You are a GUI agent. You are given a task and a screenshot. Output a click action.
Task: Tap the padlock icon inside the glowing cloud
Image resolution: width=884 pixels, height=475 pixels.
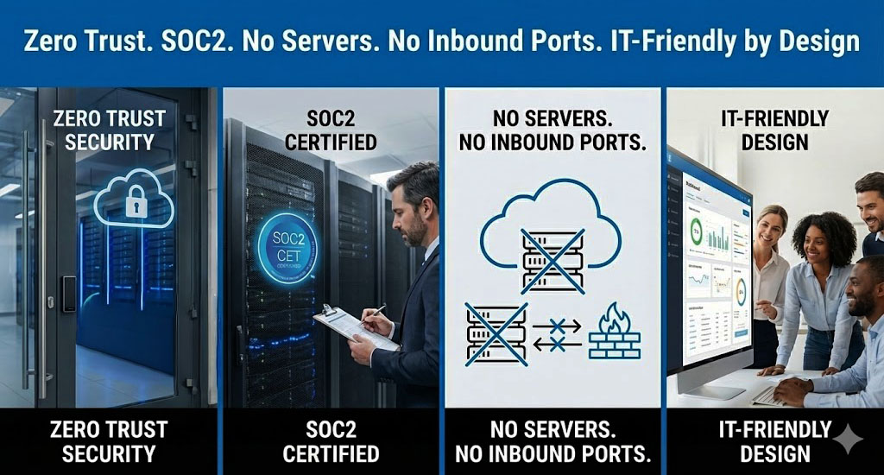pos(134,203)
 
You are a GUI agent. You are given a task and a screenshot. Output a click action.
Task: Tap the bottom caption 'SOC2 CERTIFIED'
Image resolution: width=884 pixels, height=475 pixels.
pos(331,440)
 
